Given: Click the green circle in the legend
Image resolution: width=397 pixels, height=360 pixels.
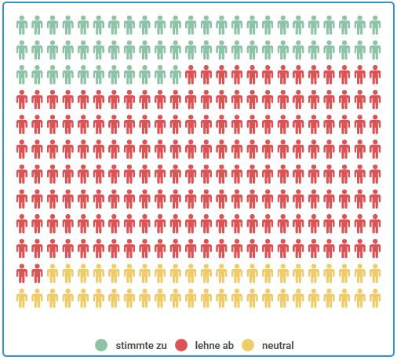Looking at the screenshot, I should coord(101,345).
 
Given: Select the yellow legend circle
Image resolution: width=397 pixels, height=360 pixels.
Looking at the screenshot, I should coord(249,345).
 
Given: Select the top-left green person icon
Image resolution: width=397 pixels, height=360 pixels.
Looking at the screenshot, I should coord(22,26).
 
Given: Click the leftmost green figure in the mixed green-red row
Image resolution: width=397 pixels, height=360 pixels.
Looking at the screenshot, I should coord(22,75).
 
